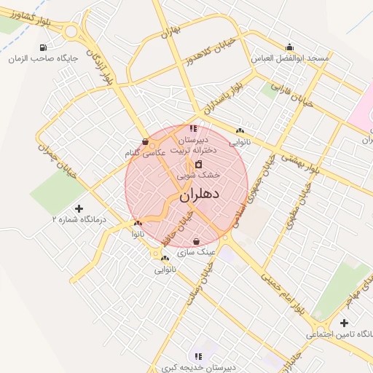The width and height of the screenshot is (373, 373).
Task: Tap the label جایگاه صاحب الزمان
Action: point(50,58)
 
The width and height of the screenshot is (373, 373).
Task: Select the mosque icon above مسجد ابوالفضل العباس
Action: point(290,46)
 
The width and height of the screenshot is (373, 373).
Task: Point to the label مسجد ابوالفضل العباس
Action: point(290,57)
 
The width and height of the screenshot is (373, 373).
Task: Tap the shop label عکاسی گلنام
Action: point(145,153)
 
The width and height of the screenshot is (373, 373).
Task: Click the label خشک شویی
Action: point(200,175)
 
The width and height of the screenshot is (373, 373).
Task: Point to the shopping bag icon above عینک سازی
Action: point(196,241)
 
